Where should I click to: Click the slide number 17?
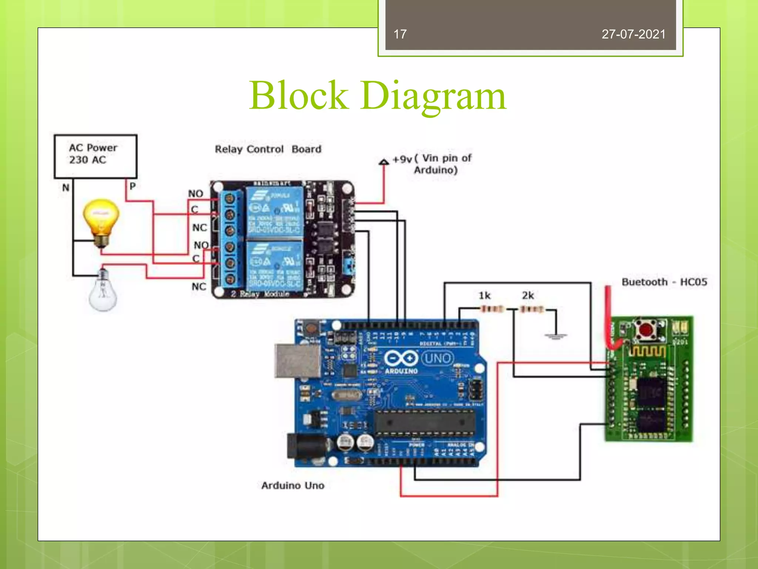click(x=400, y=34)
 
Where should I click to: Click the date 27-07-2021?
click(x=633, y=34)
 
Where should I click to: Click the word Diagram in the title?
click(x=433, y=96)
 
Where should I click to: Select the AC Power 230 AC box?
click(x=95, y=156)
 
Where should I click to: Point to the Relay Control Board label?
click(x=268, y=149)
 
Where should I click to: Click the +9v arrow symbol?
click(x=384, y=162)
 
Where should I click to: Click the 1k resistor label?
click(x=484, y=296)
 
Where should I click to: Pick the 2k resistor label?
click(x=528, y=296)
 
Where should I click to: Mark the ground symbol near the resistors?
click(x=555, y=336)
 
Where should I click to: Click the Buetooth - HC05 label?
click(x=664, y=282)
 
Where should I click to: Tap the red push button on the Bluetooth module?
click(x=646, y=329)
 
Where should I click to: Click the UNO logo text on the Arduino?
click(x=437, y=358)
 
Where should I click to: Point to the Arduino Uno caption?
click(x=293, y=486)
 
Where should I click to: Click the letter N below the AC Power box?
click(x=66, y=188)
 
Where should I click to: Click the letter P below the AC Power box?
click(x=133, y=186)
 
